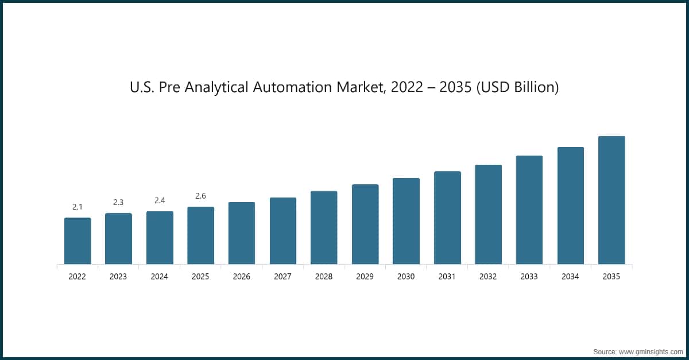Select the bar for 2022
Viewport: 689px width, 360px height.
click(78, 241)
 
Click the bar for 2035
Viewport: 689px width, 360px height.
click(611, 200)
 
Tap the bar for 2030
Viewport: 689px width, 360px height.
click(406, 221)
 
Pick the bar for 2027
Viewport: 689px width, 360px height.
click(283, 231)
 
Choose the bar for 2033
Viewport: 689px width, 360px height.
click(529, 210)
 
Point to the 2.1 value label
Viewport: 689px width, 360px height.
click(78, 207)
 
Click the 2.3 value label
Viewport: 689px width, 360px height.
click(118, 202)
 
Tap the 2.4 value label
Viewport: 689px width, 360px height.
click(160, 200)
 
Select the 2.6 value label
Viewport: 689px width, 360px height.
click(200, 196)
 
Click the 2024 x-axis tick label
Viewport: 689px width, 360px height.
click(160, 277)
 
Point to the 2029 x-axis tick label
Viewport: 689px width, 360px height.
click(365, 277)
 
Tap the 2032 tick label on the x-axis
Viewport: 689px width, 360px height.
click(488, 277)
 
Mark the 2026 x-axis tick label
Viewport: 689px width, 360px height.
click(242, 277)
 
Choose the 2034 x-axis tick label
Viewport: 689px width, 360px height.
click(570, 277)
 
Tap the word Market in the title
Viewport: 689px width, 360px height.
click(375, 88)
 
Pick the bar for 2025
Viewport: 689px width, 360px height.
click(200, 235)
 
